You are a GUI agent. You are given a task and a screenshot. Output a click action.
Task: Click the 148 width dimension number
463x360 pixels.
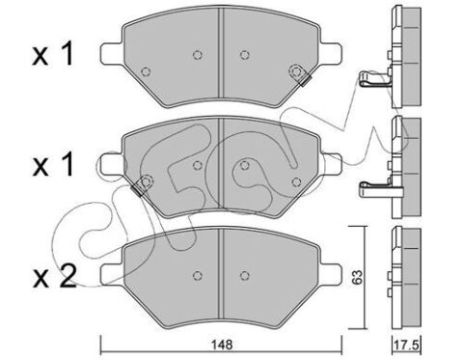click(222, 345)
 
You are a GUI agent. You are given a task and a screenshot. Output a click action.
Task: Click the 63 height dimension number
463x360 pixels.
click(357, 277)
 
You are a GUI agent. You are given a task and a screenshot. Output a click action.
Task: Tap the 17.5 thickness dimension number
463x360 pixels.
click(406, 346)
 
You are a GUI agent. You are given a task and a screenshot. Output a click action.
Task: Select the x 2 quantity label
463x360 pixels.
click(55, 276)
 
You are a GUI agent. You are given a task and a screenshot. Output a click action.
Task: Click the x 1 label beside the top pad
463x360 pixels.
click(53, 54)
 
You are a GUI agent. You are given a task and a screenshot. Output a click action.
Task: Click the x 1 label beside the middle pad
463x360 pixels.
click(53, 165)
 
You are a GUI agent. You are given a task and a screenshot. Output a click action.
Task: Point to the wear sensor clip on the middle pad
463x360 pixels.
click(142, 185)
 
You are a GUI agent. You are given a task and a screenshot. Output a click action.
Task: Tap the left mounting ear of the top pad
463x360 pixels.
click(112, 53)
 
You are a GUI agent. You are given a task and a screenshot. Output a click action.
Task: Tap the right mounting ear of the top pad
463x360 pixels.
click(331, 53)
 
